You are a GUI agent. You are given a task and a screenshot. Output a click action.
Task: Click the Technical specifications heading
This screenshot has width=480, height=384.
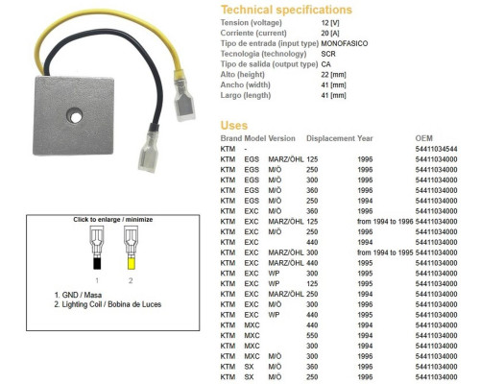pyautogui.click(x=286, y=10)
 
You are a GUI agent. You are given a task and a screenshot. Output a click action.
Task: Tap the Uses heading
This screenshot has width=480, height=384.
pyautogui.click(x=234, y=126)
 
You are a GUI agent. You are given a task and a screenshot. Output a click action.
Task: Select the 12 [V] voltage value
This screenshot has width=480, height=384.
pyautogui.click(x=330, y=23)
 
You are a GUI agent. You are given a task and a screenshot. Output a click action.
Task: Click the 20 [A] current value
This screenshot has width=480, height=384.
pyautogui.click(x=330, y=34)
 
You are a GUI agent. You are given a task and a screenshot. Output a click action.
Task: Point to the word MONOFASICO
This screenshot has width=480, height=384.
pyautogui.click(x=345, y=43)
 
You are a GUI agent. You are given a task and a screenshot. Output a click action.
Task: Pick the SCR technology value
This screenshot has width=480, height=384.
pyautogui.click(x=328, y=54)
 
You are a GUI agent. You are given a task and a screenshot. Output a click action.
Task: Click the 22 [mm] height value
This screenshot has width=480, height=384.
pyautogui.click(x=334, y=75)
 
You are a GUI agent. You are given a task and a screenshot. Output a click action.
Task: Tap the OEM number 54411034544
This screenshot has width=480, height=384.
pyautogui.click(x=436, y=149)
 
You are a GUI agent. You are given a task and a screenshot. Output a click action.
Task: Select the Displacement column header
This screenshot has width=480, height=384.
pyautogui.click(x=330, y=138)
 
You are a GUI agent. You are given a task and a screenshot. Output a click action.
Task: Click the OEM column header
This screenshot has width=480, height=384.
pyautogui.click(x=423, y=138)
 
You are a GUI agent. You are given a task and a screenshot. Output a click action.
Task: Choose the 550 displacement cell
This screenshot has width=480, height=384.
pyautogui.click(x=312, y=336)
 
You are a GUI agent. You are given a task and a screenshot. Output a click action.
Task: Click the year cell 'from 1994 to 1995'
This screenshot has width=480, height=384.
pyautogui.click(x=385, y=252)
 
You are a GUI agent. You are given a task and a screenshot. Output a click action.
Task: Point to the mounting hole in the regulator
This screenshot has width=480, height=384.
pyautogui.click(x=75, y=116)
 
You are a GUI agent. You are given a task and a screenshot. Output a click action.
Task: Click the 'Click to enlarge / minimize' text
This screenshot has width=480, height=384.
pyautogui.click(x=113, y=220)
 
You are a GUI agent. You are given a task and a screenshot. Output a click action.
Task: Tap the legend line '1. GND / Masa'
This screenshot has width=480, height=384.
pyautogui.click(x=78, y=295)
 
